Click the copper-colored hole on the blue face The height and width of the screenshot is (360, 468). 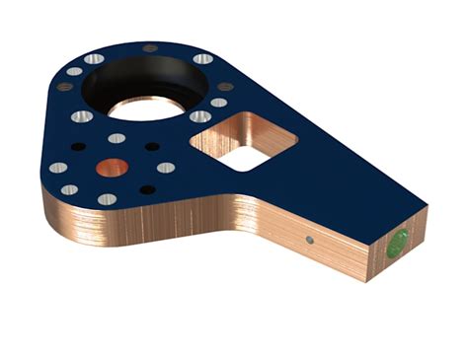tap(112, 168)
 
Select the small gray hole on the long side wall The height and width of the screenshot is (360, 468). tap(310, 240)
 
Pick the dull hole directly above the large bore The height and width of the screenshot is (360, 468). tap(150, 47)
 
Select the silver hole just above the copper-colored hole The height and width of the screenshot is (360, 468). tap(117, 138)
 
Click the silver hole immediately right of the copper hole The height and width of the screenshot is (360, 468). tap(166, 168)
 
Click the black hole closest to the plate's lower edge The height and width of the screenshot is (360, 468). tap(146, 188)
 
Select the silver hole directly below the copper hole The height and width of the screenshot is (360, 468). tap(107, 199)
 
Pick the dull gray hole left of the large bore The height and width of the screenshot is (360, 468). tap(65, 87)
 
